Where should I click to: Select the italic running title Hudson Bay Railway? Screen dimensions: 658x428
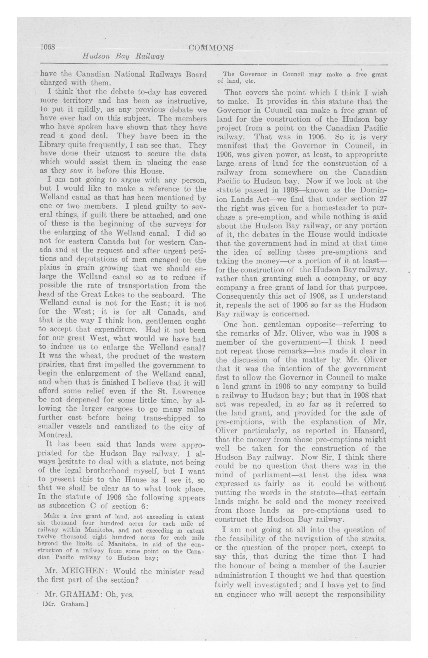click(x=123, y=57)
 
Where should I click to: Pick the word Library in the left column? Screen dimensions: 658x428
click(x=52, y=145)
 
